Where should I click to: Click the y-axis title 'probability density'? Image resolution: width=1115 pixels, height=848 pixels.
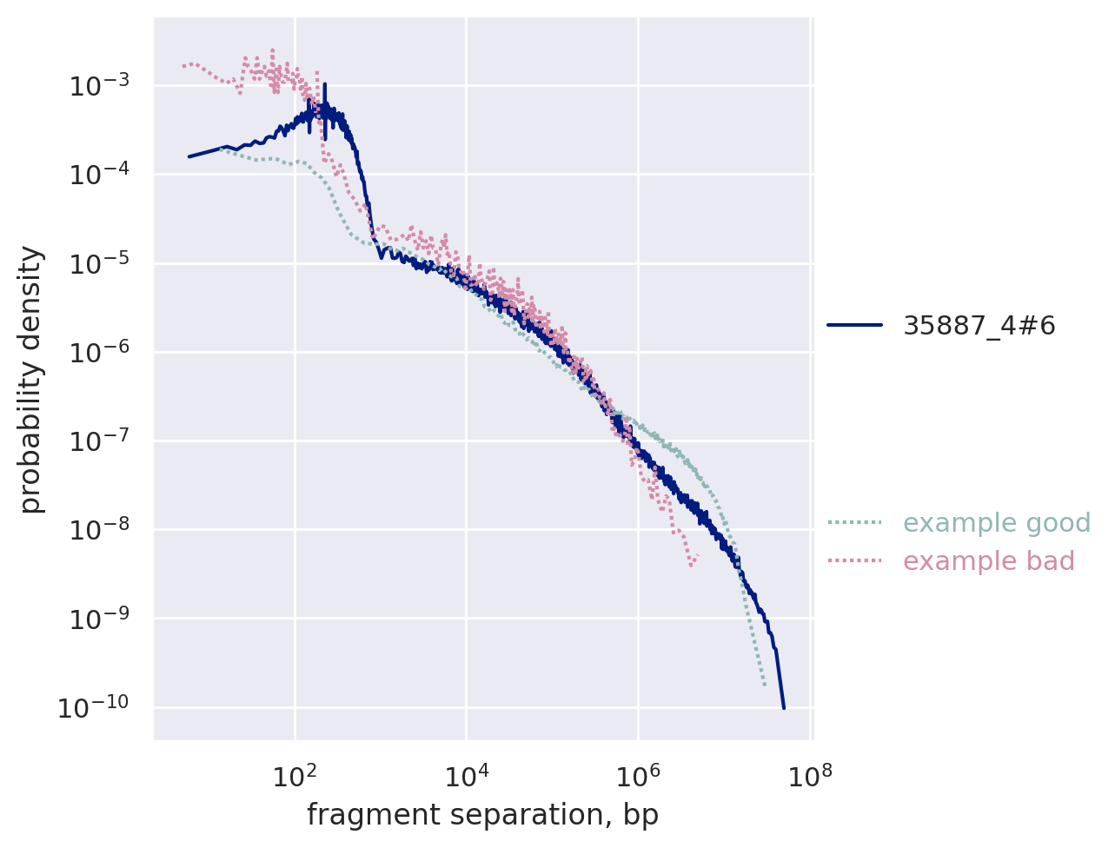[x=32, y=379]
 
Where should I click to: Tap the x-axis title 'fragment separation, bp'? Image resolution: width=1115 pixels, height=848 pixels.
[x=482, y=815]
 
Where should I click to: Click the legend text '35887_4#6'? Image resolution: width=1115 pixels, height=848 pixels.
[x=979, y=326]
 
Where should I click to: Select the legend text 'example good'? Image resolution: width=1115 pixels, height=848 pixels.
[x=997, y=523]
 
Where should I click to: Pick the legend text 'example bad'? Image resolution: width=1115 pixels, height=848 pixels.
[x=989, y=561]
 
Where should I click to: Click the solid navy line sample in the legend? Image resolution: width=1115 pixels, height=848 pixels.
[x=854, y=326]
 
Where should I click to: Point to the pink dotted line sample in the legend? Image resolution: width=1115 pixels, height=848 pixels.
[x=854, y=561]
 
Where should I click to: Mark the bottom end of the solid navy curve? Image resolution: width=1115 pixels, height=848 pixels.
[x=784, y=708]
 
